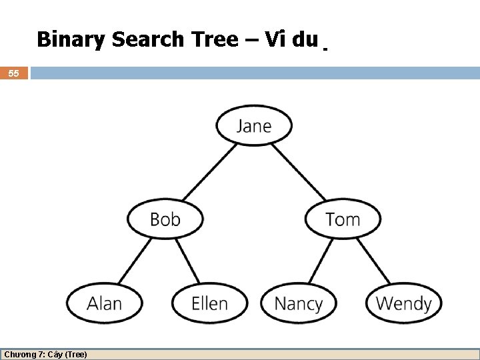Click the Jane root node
tap(254, 125)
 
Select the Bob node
tap(165, 219)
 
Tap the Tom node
tap(343, 219)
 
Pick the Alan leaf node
tap(104, 303)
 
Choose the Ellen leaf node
tap(209, 303)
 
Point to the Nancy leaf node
tap(298, 303)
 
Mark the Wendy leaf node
tap(403, 303)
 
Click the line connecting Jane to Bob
tap(209, 171)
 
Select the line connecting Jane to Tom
tap(298, 171)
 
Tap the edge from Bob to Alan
tap(135, 261)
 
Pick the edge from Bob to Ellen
tap(187, 261)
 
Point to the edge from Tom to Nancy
tap(321, 261)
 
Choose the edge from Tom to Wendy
tap(373, 261)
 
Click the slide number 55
tap(13, 73)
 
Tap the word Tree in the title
tap(215, 40)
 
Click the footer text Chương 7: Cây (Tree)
tap(45, 354)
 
